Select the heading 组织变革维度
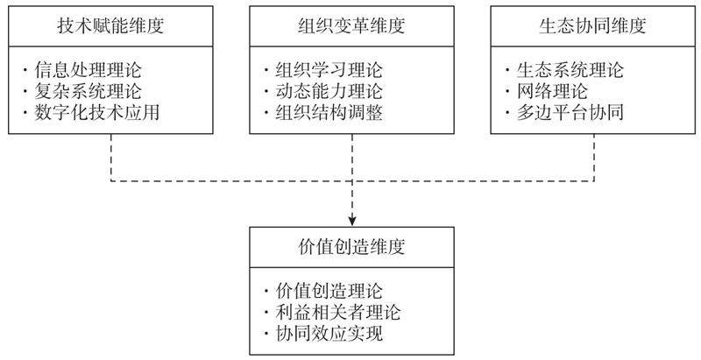click(x=350, y=25)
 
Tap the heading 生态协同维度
click(x=592, y=25)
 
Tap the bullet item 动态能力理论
click(x=329, y=91)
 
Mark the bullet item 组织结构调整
click(x=329, y=113)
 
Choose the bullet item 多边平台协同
click(x=570, y=113)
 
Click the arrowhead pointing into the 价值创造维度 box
click(x=350, y=219)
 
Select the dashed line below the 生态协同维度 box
click(x=592, y=158)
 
